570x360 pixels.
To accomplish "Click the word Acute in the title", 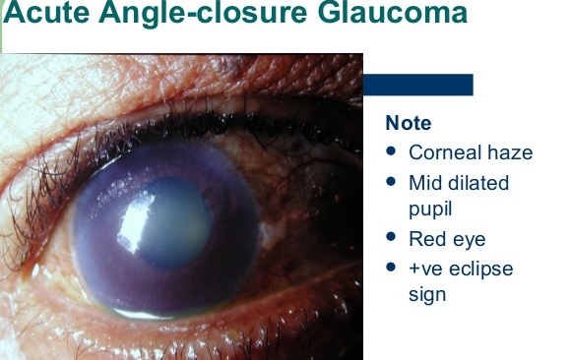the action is point(46,12).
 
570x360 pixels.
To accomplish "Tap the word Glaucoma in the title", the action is point(393,12).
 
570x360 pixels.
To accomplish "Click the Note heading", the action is point(409,123).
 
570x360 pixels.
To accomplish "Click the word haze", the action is point(510,152).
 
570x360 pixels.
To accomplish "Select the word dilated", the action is point(478,182).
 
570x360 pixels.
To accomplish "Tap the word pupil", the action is point(430,210).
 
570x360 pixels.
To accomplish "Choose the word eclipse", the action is point(481,269).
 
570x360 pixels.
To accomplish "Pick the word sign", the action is point(427,295).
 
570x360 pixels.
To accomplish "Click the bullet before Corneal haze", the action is point(391,150).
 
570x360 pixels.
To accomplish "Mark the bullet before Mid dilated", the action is point(391,181).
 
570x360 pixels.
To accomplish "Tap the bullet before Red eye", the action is point(391,237).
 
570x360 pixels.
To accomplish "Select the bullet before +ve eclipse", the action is point(391,267).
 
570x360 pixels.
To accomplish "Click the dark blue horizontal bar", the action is point(418,85).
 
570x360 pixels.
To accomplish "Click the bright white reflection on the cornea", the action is point(136,220).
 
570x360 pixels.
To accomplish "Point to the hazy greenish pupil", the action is point(174,222).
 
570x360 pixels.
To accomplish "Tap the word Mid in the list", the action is point(425,182).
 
